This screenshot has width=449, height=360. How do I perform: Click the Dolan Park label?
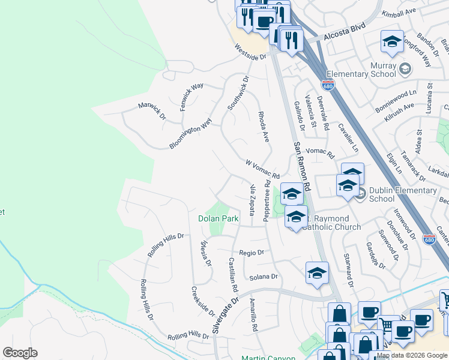pos(218,219)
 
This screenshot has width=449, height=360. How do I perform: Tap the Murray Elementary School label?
pos(366,70)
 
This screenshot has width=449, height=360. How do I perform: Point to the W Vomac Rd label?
pos(263,169)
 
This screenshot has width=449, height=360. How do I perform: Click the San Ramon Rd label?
pos(301,167)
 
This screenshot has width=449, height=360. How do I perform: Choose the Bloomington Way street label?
pos(190,133)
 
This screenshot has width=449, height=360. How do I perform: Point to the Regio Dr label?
pos(252,253)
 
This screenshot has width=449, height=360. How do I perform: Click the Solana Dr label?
pos(264,277)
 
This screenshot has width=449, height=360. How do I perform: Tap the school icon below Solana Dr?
pos(317,273)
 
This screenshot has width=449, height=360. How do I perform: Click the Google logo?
pos(20,353)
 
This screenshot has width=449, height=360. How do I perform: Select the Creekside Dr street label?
pos(203,301)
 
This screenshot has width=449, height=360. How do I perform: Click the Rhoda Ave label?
pos(263,126)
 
